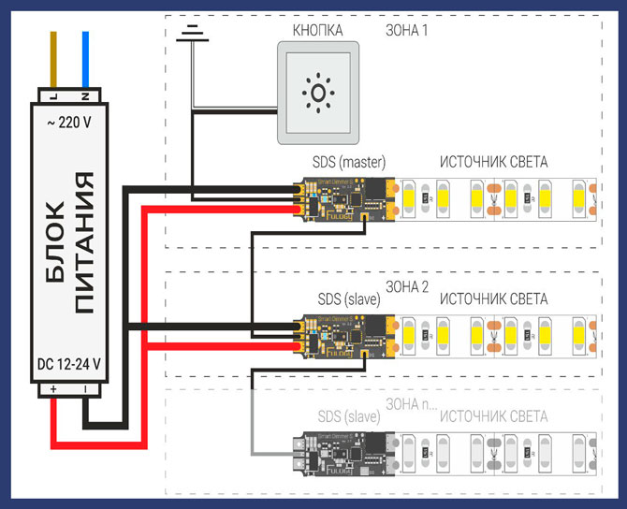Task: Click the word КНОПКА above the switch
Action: click(x=317, y=30)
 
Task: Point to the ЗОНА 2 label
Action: click(x=407, y=286)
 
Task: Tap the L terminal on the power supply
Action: click(x=52, y=97)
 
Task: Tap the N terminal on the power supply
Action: click(x=84, y=97)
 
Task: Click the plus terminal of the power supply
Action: click(x=52, y=387)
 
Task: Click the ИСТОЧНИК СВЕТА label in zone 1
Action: click(x=493, y=162)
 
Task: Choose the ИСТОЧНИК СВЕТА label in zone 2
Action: click(x=493, y=298)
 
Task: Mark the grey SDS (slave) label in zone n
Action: click(x=347, y=415)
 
